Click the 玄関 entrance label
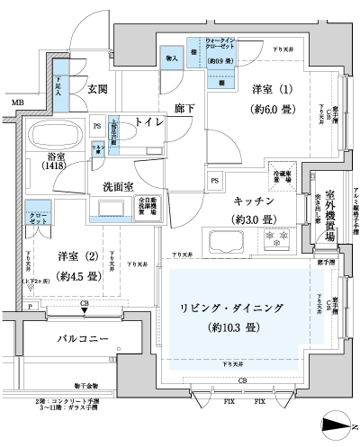(x=98, y=89)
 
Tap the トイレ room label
(x=149, y=121)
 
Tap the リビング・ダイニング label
(x=233, y=308)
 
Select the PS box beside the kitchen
(x=214, y=182)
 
